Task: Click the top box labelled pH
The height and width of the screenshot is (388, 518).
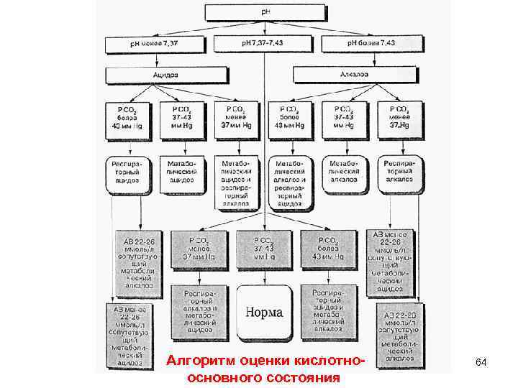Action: [265, 12]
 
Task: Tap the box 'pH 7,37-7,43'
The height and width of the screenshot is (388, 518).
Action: [265, 45]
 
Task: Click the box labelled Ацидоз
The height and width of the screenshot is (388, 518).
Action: [165, 75]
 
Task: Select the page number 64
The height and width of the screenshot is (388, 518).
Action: [481, 363]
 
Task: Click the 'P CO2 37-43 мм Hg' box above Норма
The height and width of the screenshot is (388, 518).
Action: [265, 249]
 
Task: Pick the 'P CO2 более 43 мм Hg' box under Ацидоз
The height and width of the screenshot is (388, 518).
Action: [129, 116]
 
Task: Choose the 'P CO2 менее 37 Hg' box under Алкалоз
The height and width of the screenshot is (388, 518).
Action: [399, 116]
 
